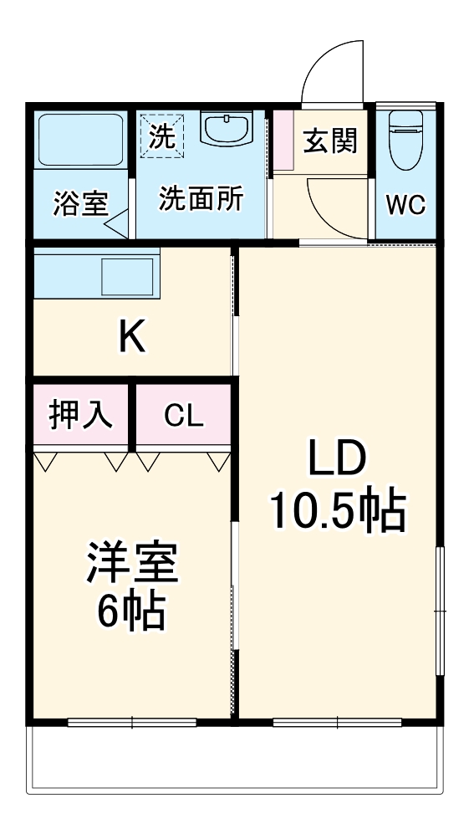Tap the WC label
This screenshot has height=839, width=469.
(x=405, y=205)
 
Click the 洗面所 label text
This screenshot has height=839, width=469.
(x=201, y=201)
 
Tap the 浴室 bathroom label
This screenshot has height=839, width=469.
(x=80, y=205)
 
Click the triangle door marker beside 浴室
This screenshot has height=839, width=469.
(x=116, y=223)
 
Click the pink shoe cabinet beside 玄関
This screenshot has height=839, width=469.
(x=283, y=141)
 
